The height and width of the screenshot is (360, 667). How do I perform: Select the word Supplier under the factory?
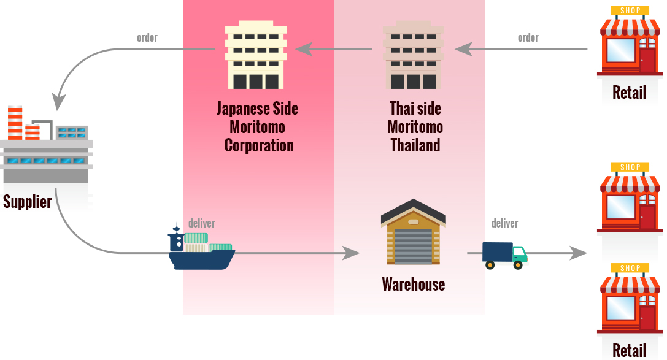point(27,201)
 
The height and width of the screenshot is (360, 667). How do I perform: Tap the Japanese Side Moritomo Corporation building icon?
point(255,57)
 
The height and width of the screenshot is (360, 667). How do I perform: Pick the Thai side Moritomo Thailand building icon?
point(413,57)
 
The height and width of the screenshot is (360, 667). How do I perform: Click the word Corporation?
point(259,145)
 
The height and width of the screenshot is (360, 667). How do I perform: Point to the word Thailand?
point(415,145)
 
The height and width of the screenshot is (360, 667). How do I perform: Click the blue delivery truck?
point(504,255)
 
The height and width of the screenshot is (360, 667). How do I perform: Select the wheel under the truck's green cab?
point(518,265)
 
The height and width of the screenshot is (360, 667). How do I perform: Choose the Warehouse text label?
point(413,285)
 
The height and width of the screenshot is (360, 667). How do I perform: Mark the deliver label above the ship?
point(202,223)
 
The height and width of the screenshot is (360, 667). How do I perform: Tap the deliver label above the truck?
point(504,223)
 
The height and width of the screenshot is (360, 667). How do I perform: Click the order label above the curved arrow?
point(147,37)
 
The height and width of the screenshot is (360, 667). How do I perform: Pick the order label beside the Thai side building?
point(528,37)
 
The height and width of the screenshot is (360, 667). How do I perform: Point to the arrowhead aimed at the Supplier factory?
point(59,101)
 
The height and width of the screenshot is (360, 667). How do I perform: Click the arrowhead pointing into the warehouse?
point(352,252)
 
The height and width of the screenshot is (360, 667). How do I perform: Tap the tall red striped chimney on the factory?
point(15,123)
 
